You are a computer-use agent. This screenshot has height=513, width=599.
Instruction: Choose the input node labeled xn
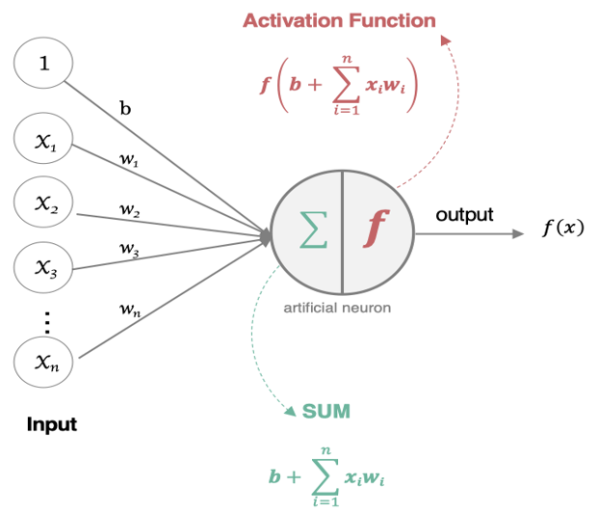43,362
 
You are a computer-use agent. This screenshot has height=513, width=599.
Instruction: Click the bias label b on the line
125,108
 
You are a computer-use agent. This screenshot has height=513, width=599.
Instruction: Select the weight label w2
129,209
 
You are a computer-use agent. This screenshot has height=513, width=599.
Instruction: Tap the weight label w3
129,249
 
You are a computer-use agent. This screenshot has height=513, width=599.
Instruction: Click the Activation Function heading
339,20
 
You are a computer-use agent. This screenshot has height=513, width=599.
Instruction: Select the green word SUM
326,412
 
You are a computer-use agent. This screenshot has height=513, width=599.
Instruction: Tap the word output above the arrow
464,214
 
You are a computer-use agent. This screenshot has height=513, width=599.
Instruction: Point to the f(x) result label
563,229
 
